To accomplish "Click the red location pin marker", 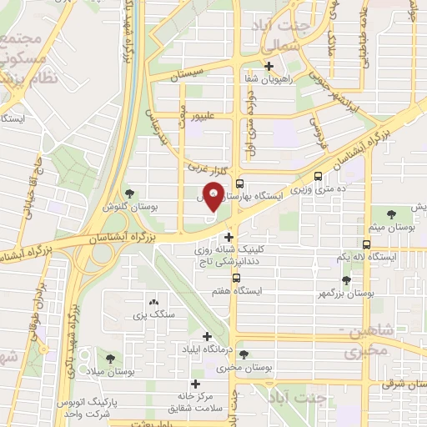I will pyautogui.click(x=213, y=197).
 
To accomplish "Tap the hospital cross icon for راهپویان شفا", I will pyautogui.click(x=268, y=67).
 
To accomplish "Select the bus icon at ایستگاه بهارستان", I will pyautogui.click(x=239, y=185).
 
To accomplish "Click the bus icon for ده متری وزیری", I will pyautogui.click(x=318, y=176).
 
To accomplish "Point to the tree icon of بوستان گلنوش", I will pyautogui.click(x=128, y=193).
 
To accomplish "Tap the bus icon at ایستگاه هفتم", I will pyautogui.click(x=237, y=279).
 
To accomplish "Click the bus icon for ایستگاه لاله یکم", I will pyautogui.click(x=367, y=244).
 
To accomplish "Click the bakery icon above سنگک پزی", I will pyautogui.click(x=152, y=303).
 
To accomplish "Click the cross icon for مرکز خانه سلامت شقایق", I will pyautogui.click(x=196, y=384).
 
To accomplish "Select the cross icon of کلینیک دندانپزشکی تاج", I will pyautogui.click(x=229, y=237).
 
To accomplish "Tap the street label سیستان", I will pyautogui.click(x=187, y=75).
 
